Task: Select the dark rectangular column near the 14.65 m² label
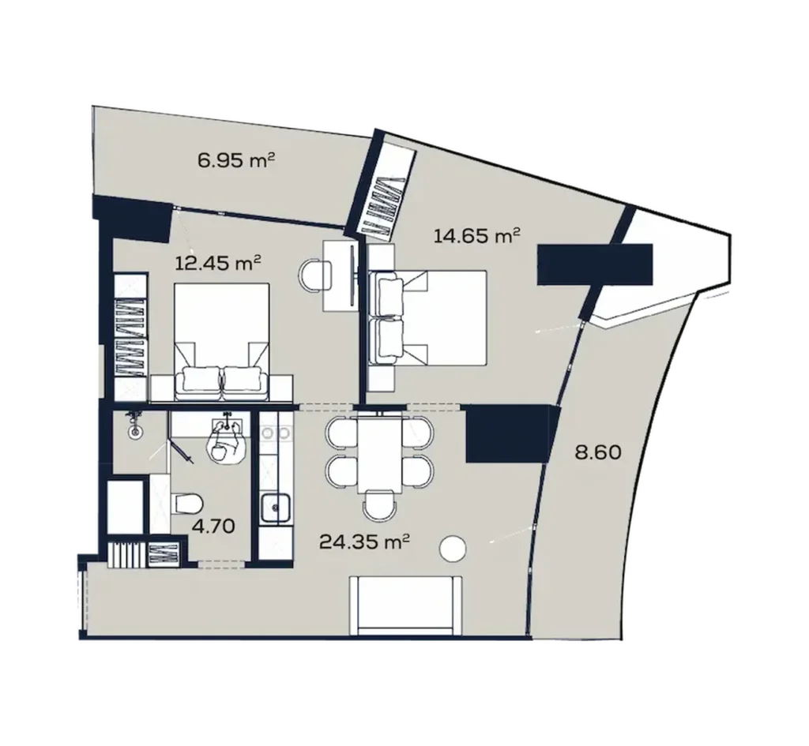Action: point(594,264)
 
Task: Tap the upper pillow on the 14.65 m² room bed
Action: point(390,294)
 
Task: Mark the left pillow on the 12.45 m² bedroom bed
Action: point(200,382)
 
